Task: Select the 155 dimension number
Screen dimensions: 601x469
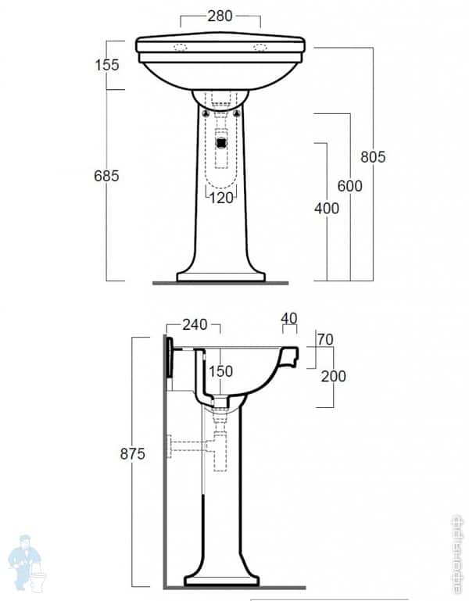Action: [106, 65]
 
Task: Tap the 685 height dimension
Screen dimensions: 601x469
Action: [106, 176]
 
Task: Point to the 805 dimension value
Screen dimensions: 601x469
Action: [373, 156]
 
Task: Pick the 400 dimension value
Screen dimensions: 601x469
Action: [327, 208]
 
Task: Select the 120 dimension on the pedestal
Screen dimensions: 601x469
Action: [221, 198]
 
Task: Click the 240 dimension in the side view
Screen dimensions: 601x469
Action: [195, 324]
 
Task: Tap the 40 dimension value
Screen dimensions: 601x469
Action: [289, 318]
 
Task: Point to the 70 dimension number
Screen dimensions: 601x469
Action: [325, 339]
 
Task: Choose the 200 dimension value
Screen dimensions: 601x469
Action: [333, 376]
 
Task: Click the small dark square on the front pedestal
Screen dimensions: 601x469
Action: [221, 142]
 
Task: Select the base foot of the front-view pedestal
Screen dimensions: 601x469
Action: [221, 276]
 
